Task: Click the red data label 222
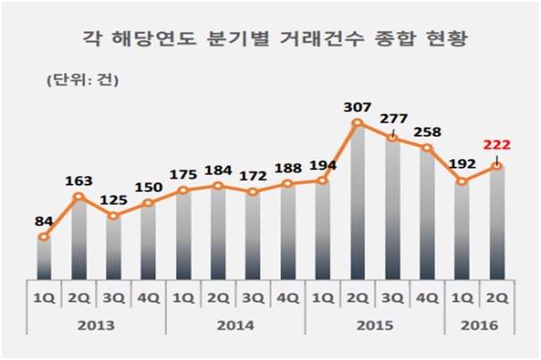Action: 496,146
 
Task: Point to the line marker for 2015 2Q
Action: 358,123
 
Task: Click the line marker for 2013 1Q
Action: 43,238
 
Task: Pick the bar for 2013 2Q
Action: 79,241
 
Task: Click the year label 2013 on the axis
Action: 96,326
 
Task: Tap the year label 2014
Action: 236,326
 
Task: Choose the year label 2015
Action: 375,326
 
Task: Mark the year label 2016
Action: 480,326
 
